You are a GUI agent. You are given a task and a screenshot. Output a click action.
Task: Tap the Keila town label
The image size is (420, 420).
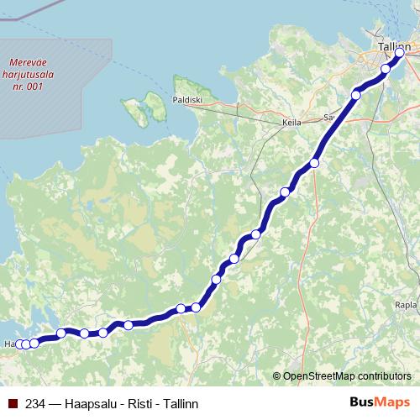pos(292,122)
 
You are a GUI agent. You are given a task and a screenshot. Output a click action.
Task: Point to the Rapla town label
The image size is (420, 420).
pos(407,305)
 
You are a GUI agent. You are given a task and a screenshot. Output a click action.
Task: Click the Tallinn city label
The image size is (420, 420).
pos(394,48)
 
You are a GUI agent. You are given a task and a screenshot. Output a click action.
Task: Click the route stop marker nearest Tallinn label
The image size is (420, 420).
pos(400,54)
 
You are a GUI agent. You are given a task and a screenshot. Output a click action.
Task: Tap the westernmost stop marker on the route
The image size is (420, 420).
pos(19,344)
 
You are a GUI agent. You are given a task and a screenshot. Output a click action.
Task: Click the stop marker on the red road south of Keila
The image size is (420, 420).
pos(315,163)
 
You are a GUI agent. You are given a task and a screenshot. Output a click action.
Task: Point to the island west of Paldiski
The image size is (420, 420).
pos(144,108)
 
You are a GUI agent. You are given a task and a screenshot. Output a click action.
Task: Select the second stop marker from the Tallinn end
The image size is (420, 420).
pos(386,69)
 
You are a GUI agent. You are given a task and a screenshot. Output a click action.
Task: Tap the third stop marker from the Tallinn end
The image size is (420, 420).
pos(356,95)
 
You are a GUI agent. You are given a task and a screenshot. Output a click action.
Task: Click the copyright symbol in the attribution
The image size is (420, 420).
pos(277,375)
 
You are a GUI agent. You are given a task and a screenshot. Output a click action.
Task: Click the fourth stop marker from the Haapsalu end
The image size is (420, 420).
pos(61,333)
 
